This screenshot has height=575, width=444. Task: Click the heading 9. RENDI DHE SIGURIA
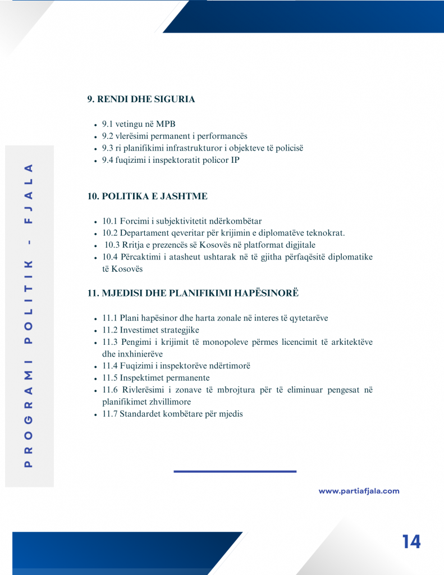pyautogui.click(x=141, y=99)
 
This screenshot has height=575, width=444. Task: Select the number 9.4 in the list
pyautogui.click(x=108, y=160)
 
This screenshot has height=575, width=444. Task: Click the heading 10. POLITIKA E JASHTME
pyautogui.click(x=147, y=197)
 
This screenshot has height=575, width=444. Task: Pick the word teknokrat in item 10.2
pyautogui.click(x=324, y=233)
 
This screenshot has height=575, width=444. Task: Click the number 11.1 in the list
pyautogui.click(x=110, y=318)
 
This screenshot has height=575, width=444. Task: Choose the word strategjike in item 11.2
pyautogui.click(x=177, y=330)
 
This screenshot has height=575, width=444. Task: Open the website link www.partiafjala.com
pyautogui.click(x=359, y=491)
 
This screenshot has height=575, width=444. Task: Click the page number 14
pyautogui.click(x=411, y=542)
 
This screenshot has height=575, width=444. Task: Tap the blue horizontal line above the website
pyautogui.click(x=235, y=471)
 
